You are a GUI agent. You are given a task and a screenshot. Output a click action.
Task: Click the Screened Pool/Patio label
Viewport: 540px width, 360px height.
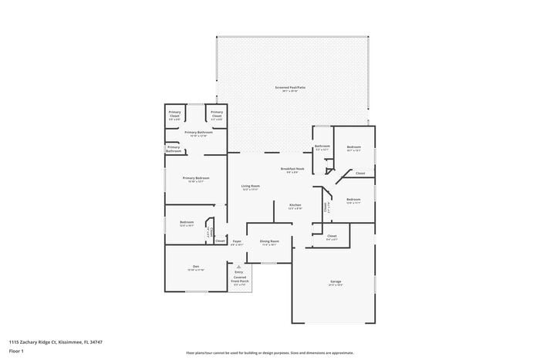[x=290, y=89]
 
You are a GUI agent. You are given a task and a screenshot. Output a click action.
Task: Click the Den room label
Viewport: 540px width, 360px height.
[x=195, y=267]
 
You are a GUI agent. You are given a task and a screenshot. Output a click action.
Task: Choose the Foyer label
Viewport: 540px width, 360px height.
[x=237, y=242]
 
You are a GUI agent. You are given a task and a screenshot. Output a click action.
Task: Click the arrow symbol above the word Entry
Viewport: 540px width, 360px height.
[x=238, y=266]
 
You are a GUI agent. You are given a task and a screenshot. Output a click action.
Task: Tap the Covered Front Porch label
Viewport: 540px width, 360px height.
[x=239, y=281]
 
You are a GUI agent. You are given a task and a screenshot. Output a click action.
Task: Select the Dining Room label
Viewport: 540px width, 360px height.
[x=269, y=242]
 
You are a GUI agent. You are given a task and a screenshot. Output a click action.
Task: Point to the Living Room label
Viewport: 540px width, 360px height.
[x=250, y=187]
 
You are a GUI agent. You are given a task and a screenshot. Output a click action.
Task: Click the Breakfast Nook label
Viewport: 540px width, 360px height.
[x=292, y=170]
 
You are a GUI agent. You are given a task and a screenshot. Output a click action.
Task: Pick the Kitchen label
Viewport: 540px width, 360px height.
[x=295, y=206]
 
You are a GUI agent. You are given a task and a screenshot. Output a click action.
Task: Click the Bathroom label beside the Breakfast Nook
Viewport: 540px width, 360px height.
[x=322, y=147]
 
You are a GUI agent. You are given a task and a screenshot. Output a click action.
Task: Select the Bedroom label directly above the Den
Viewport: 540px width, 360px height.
[x=186, y=223]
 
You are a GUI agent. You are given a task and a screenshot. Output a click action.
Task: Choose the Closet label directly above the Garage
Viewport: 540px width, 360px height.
[x=332, y=237]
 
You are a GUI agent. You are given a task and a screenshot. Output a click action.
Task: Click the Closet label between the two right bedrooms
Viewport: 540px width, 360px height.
[x=360, y=173]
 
